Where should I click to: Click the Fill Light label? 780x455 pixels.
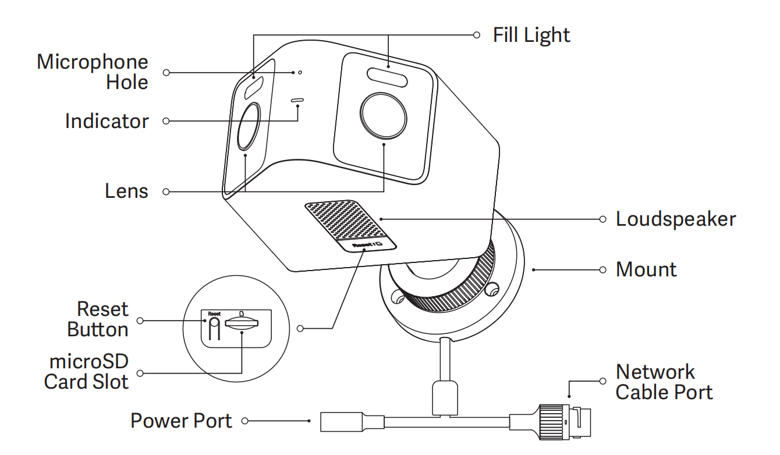click(x=531, y=35)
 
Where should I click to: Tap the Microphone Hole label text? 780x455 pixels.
click(x=92, y=72)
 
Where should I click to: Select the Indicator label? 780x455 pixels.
click(x=107, y=121)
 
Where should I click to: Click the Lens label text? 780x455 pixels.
click(x=126, y=191)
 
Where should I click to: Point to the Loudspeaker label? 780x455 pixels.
click(x=675, y=219)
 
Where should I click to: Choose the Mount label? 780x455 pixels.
click(x=646, y=269)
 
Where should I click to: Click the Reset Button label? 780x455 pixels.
click(x=98, y=319)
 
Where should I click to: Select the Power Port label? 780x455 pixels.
click(x=181, y=420)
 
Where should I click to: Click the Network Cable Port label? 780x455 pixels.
click(x=664, y=382)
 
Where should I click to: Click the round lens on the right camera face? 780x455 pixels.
click(x=383, y=115)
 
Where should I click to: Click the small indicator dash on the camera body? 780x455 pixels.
click(x=297, y=100)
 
